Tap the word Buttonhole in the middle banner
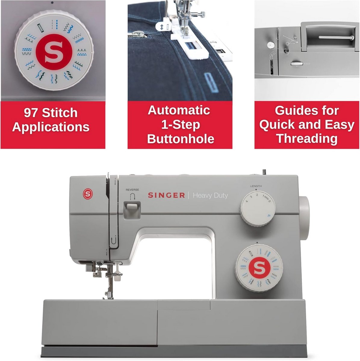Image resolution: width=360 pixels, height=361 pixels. pos(181,139)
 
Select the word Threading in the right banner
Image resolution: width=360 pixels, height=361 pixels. pos(307,139)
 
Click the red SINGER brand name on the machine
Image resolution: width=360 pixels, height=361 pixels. pos(166,195)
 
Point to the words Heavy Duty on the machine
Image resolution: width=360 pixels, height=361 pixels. pos(210,196)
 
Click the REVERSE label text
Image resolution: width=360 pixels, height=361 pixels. pos(132,190)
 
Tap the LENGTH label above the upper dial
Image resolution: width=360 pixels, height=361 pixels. pos(256,186)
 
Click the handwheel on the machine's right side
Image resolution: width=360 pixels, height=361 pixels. pos(304,218)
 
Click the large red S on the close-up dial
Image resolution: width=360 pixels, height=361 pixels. pos(54,52)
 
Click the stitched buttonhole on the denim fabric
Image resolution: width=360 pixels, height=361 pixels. pos(211,82)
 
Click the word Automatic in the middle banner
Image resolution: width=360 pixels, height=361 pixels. pos(179,110)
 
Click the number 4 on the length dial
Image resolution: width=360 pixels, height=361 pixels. pos(247,201)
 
